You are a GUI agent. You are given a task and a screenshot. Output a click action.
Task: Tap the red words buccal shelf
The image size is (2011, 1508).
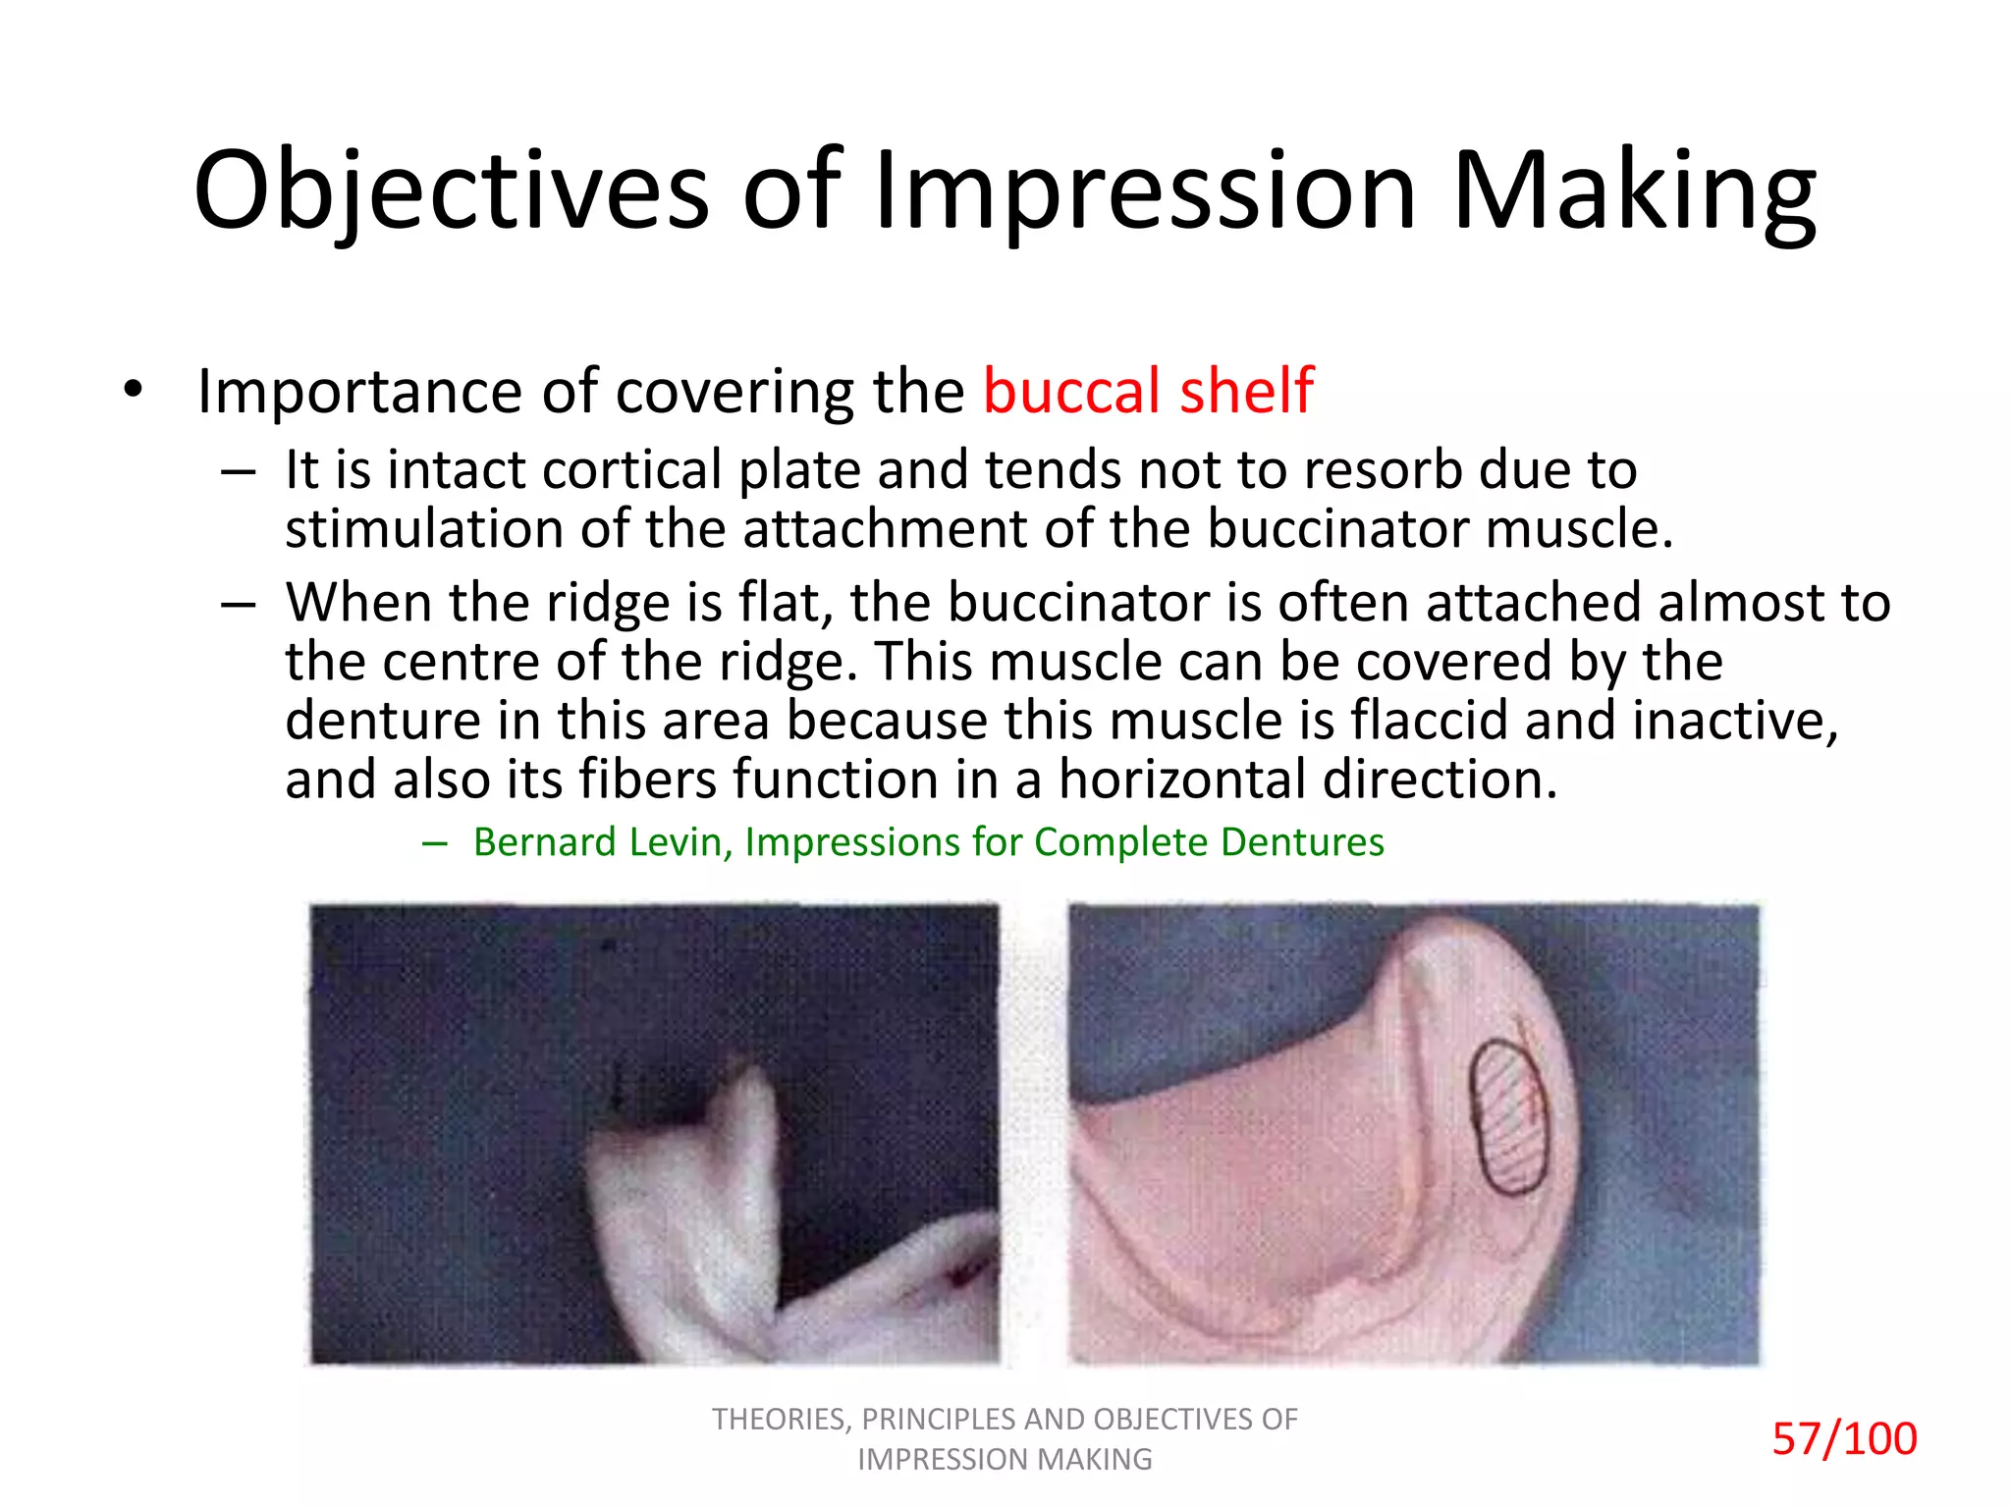point(1148,391)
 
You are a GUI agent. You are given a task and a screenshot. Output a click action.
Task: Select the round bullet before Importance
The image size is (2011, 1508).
point(134,390)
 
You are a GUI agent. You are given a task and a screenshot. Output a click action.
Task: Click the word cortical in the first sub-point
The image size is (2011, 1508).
point(632,469)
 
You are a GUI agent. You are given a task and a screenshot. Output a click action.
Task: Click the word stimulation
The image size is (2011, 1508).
point(423,528)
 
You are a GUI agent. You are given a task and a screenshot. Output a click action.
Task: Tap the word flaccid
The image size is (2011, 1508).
point(1429,720)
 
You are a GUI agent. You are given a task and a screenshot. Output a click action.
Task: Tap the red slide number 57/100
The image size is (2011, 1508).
point(1843,1439)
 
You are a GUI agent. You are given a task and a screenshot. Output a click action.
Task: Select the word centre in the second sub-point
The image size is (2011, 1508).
point(461,661)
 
